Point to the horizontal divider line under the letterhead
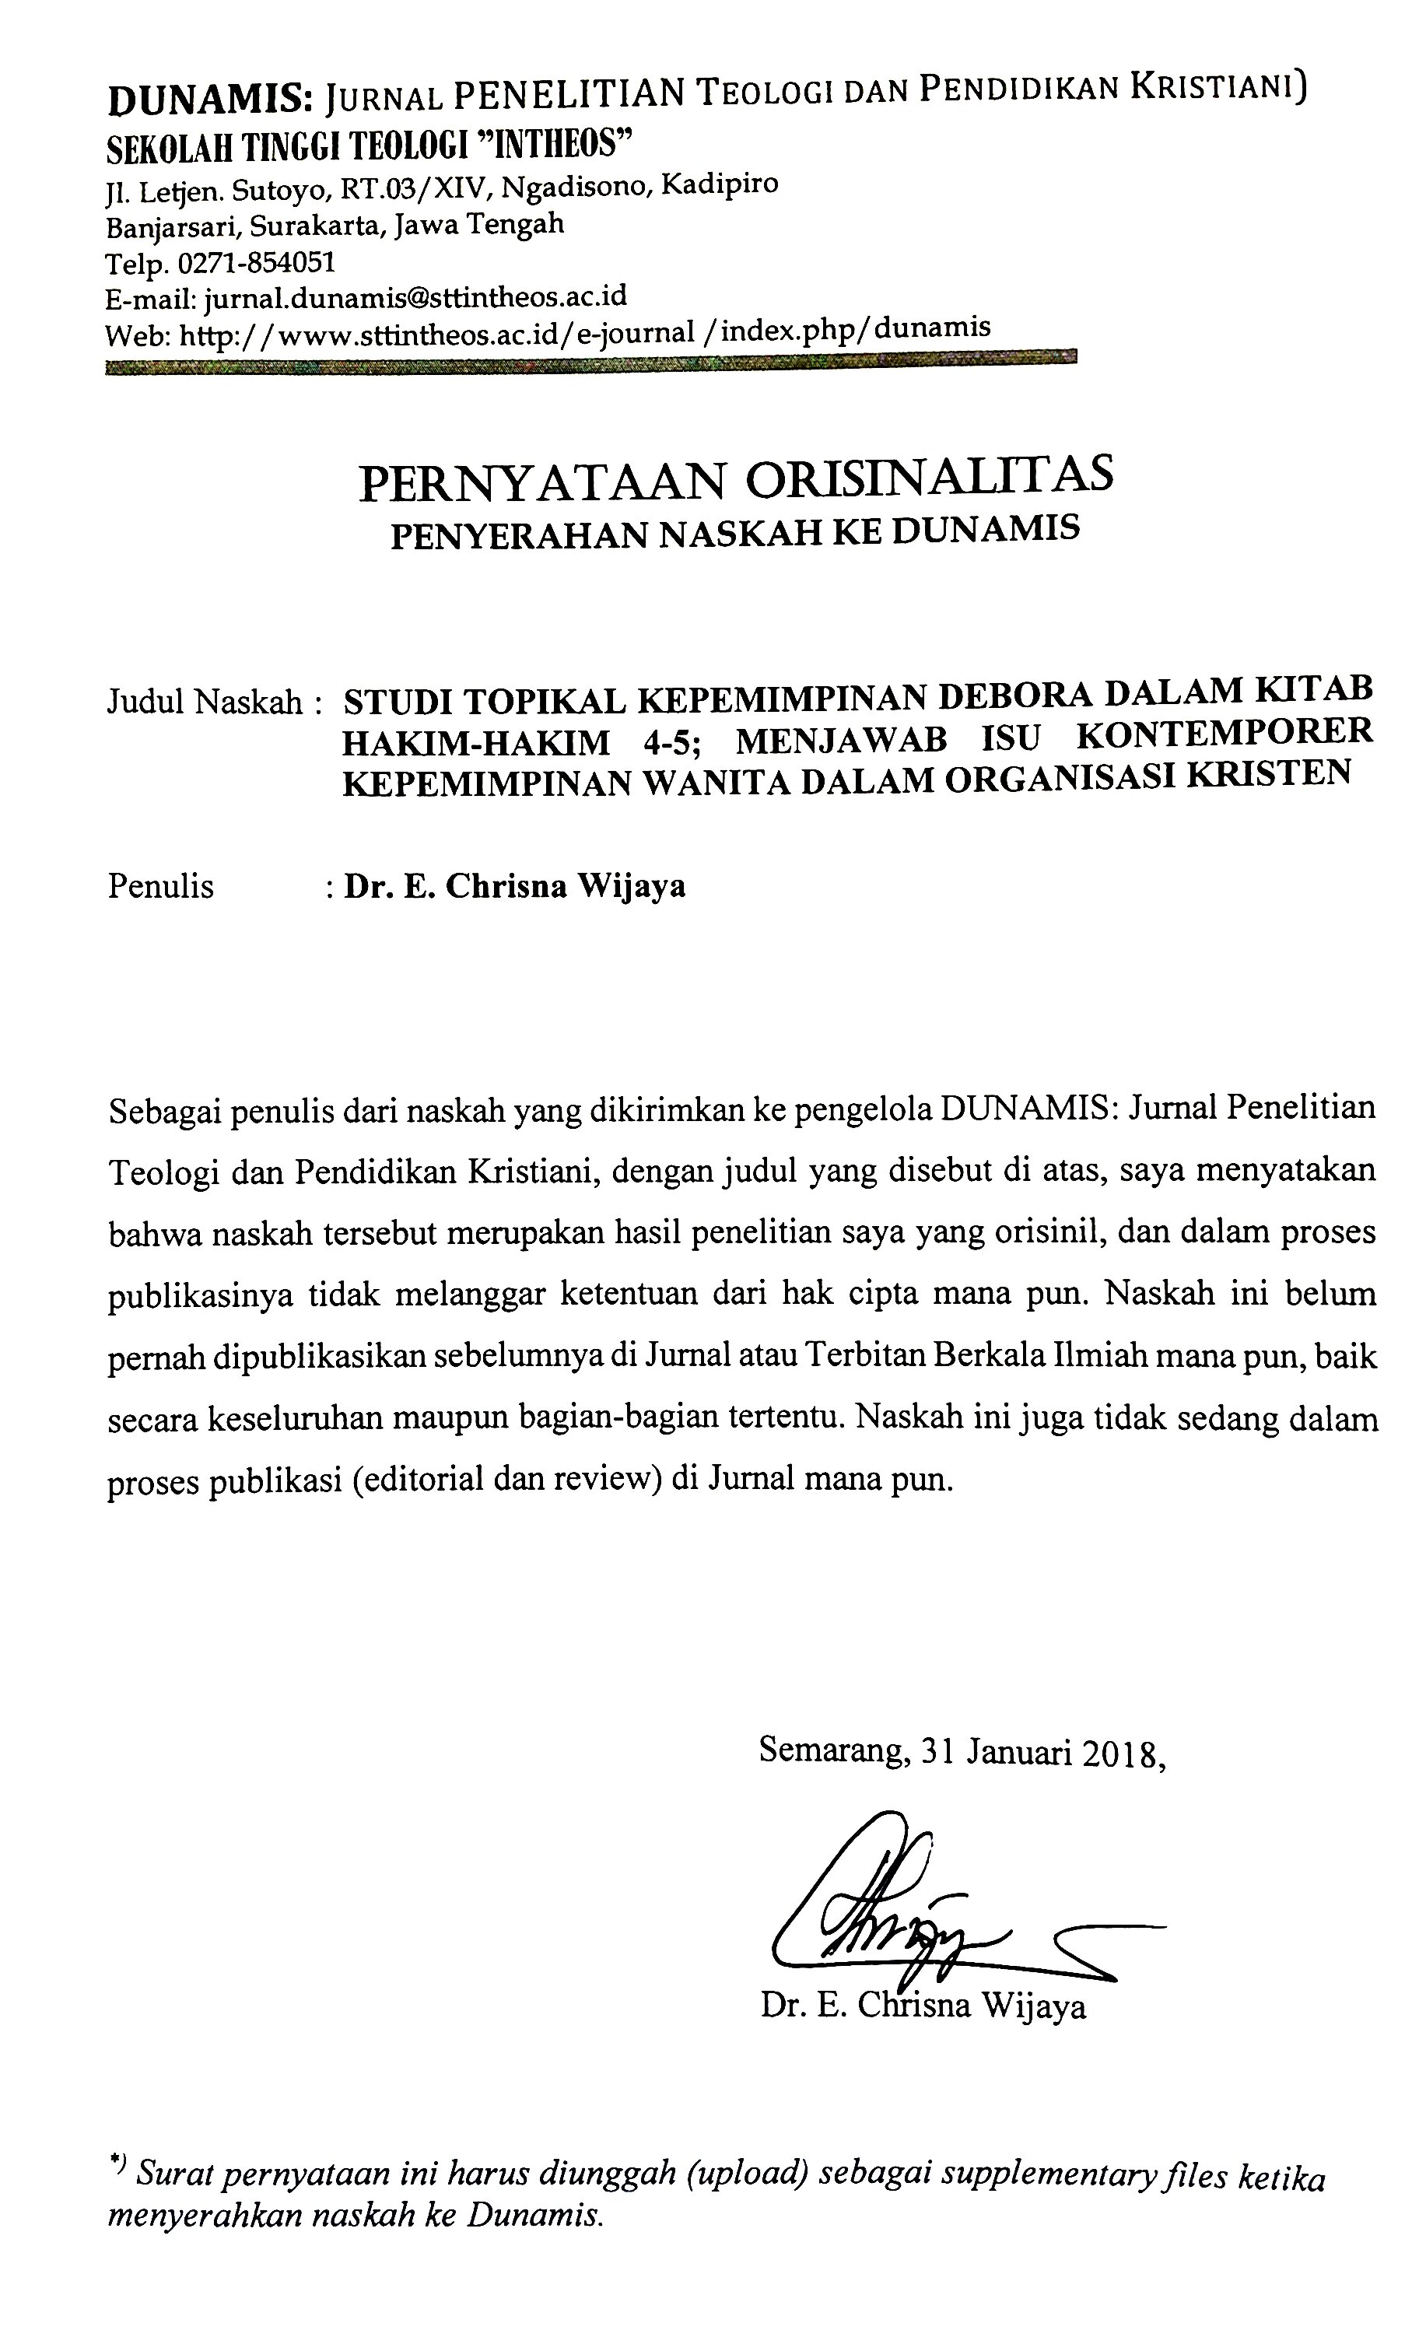590,364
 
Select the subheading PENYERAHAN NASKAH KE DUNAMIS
734,531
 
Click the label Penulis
161,886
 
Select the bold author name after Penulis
514,886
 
